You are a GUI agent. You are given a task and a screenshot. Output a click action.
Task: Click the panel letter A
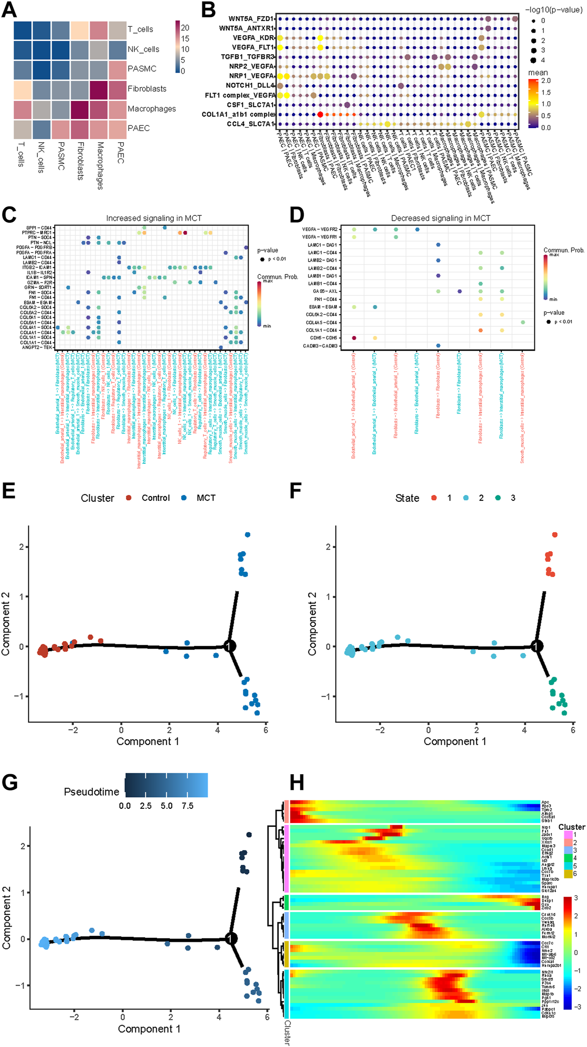click(9, 10)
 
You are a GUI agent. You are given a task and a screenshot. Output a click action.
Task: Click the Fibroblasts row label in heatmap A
click(147, 89)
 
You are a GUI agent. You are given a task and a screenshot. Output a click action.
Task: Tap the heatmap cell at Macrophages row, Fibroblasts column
click(79, 109)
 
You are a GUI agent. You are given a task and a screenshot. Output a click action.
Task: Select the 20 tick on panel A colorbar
click(185, 28)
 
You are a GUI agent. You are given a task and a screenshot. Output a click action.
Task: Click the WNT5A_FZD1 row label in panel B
click(251, 19)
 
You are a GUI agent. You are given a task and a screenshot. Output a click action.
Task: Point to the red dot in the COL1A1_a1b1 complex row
click(320, 114)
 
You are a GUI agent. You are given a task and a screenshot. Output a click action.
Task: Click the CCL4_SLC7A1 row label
click(251, 124)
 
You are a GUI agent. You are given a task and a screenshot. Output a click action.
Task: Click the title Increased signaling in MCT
click(154, 218)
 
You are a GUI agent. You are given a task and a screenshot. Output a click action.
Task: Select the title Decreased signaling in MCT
click(440, 218)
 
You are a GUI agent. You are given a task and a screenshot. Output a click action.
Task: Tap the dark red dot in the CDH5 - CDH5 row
click(354, 338)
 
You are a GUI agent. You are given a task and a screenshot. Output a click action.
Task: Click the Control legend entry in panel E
click(155, 498)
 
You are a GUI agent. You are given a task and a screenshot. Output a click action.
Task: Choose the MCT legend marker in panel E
click(184, 498)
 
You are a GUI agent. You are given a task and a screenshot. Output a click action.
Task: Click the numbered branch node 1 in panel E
click(229, 646)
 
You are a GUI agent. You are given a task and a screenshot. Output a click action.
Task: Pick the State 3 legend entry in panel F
click(513, 498)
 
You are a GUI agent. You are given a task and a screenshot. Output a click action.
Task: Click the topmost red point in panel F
click(554, 535)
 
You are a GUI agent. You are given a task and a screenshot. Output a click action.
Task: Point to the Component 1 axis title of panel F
click(455, 742)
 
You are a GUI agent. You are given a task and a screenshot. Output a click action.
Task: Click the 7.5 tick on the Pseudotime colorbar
click(187, 806)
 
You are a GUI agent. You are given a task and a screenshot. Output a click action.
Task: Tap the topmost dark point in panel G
click(249, 835)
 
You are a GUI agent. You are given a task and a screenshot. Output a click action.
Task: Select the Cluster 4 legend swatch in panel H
click(568, 857)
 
